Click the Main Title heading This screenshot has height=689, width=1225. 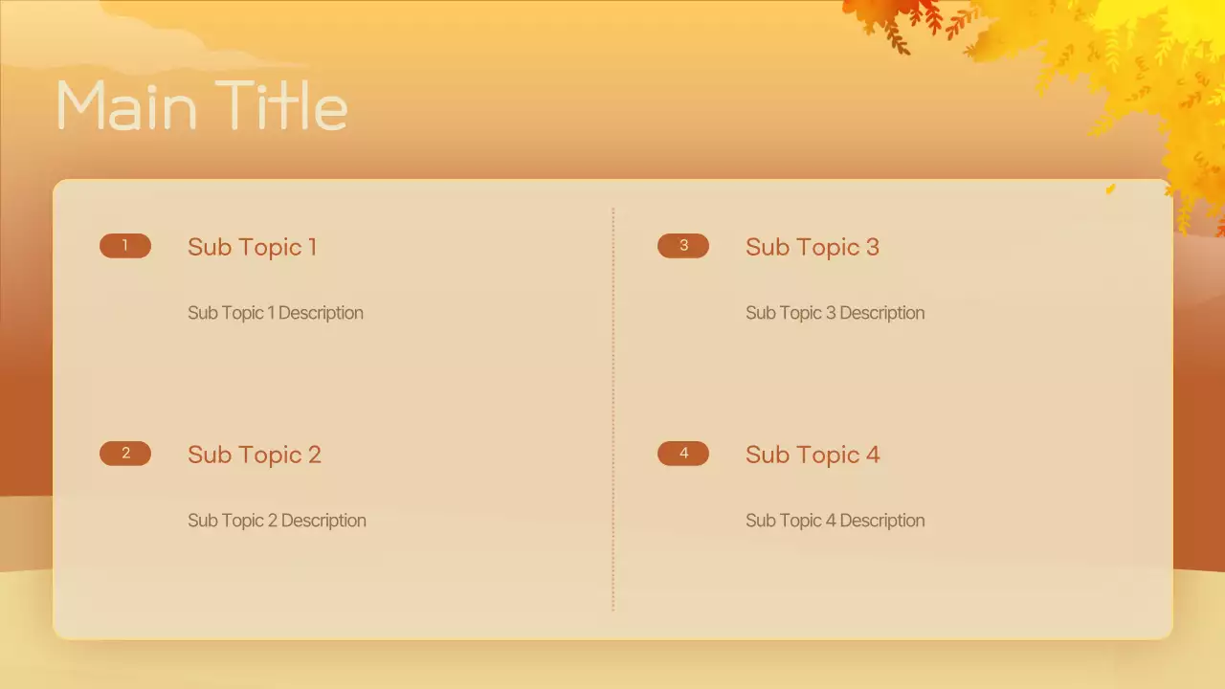tap(202, 105)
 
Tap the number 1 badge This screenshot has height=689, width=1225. tap(125, 246)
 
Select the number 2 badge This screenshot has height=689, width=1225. tap(125, 454)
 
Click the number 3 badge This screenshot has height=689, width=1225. tap(683, 246)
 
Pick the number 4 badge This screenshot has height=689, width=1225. tap(683, 454)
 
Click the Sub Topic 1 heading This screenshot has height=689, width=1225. tap(252, 247)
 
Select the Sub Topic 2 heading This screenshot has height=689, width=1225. tap(254, 455)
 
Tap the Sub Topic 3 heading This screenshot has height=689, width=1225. tap(812, 247)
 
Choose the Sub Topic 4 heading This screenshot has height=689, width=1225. tap(812, 455)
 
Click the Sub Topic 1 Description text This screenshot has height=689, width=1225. tap(275, 313)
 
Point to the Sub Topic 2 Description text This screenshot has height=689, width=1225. tap(277, 521)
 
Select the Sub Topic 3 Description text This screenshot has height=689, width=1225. tap(835, 313)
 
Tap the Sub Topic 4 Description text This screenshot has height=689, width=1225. tap(835, 521)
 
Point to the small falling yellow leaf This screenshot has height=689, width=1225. tap(1110, 189)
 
